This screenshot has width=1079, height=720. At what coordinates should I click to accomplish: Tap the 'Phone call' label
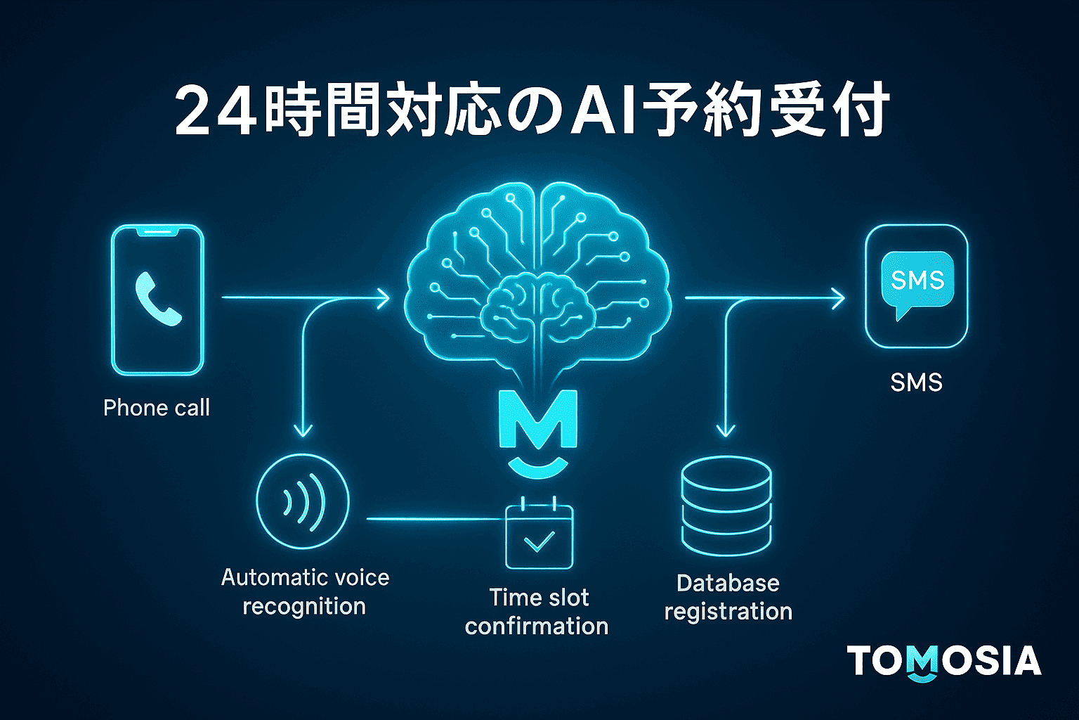click(x=157, y=408)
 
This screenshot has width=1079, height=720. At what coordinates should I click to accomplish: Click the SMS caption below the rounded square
click(x=916, y=383)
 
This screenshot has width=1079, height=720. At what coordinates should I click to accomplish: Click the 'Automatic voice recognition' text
click(x=305, y=592)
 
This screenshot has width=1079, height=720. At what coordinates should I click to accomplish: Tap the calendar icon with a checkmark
click(x=539, y=534)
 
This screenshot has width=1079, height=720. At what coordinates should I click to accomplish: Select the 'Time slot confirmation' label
click(x=537, y=612)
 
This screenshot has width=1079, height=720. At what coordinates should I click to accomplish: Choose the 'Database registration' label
click(x=728, y=597)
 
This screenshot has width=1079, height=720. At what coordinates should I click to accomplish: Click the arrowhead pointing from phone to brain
click(x=383, y=298)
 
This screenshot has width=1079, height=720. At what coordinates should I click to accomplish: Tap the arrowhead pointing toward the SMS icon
click(x=838, y=298)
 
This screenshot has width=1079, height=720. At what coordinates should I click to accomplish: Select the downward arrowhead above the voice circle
click(x=303, y=429)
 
